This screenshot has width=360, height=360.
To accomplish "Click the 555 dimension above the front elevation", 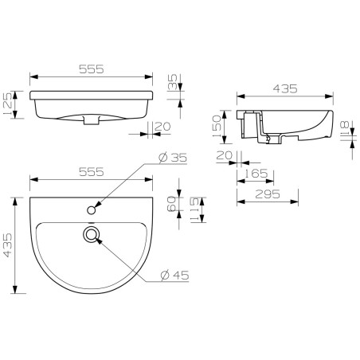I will tap(92, 70).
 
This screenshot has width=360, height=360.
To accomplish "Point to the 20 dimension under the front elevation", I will tap(163, 126).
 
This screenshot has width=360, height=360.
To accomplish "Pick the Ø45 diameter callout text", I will tap(174, 276).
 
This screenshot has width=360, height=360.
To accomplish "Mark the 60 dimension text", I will tap(172, 205).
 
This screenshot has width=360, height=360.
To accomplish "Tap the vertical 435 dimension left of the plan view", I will tap(9, 245).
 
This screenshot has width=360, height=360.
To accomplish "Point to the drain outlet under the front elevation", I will tap(92, 121).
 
